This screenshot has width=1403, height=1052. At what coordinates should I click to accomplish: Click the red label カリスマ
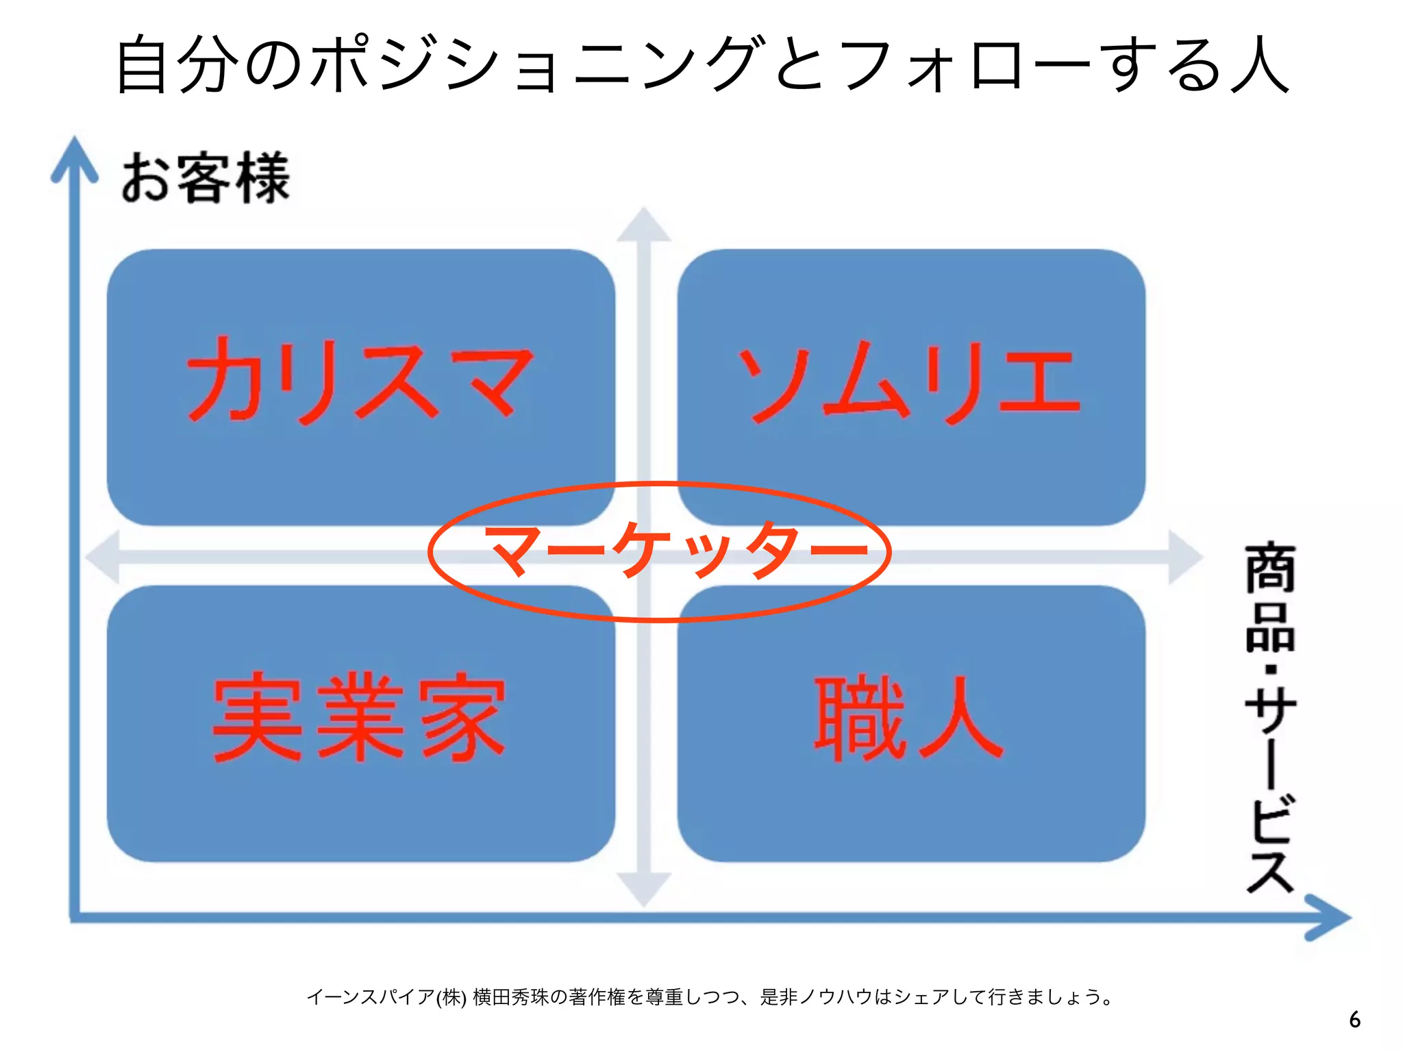click(359, 381)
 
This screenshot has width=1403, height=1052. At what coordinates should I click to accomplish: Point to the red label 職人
click(908, 718)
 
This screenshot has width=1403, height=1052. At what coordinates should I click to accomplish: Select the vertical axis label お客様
click(206, 178)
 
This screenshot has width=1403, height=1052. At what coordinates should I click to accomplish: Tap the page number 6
click(1354, 1020)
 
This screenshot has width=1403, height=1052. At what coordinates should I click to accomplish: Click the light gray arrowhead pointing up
click(643, 225)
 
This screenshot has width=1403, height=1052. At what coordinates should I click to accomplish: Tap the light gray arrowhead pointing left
click(103, 557)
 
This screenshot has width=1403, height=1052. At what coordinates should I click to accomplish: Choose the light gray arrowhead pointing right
click(1185, 557)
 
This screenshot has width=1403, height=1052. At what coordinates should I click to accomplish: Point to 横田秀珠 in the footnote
click(510, 997)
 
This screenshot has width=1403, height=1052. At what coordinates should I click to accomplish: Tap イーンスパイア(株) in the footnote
click(387, 997)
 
